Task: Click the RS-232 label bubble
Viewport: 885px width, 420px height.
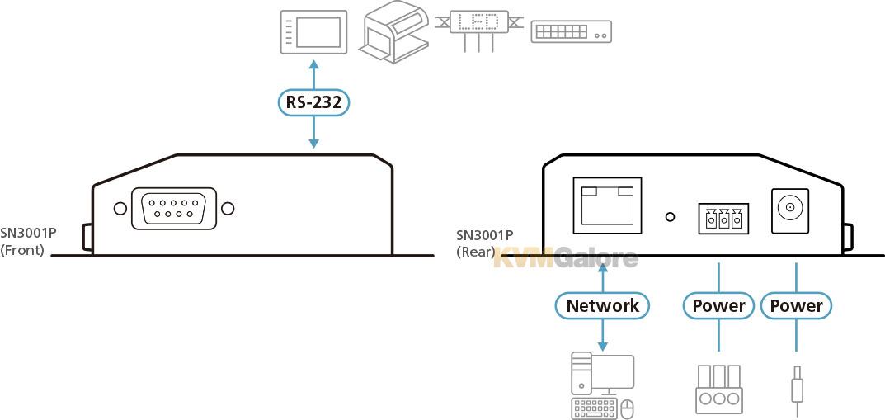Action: point(313,103)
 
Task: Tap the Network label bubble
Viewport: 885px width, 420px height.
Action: point(602,305)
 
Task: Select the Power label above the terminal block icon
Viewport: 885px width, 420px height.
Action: point(718,305)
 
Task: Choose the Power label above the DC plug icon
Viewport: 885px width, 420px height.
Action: point(797,305)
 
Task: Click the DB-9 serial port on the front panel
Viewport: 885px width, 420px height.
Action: point(174,208)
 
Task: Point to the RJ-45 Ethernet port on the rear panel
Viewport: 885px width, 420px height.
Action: point(607,205)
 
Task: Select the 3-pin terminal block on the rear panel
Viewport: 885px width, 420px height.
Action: point(723,217)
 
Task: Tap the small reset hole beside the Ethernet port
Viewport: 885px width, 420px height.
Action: point(670,216)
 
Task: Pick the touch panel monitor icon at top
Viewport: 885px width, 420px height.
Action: point(313,31)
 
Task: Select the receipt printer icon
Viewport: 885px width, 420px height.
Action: point(393,31)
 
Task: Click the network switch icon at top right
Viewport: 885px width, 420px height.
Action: point(572,31)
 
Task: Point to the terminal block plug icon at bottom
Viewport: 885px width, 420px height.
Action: point(718,389)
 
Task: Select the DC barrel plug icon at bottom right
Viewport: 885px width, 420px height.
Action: point(797,390)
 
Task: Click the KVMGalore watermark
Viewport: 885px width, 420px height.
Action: point(566,259)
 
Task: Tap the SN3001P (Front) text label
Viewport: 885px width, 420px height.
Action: point(28,240)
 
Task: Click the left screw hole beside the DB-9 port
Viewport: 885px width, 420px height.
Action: point(120,209)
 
